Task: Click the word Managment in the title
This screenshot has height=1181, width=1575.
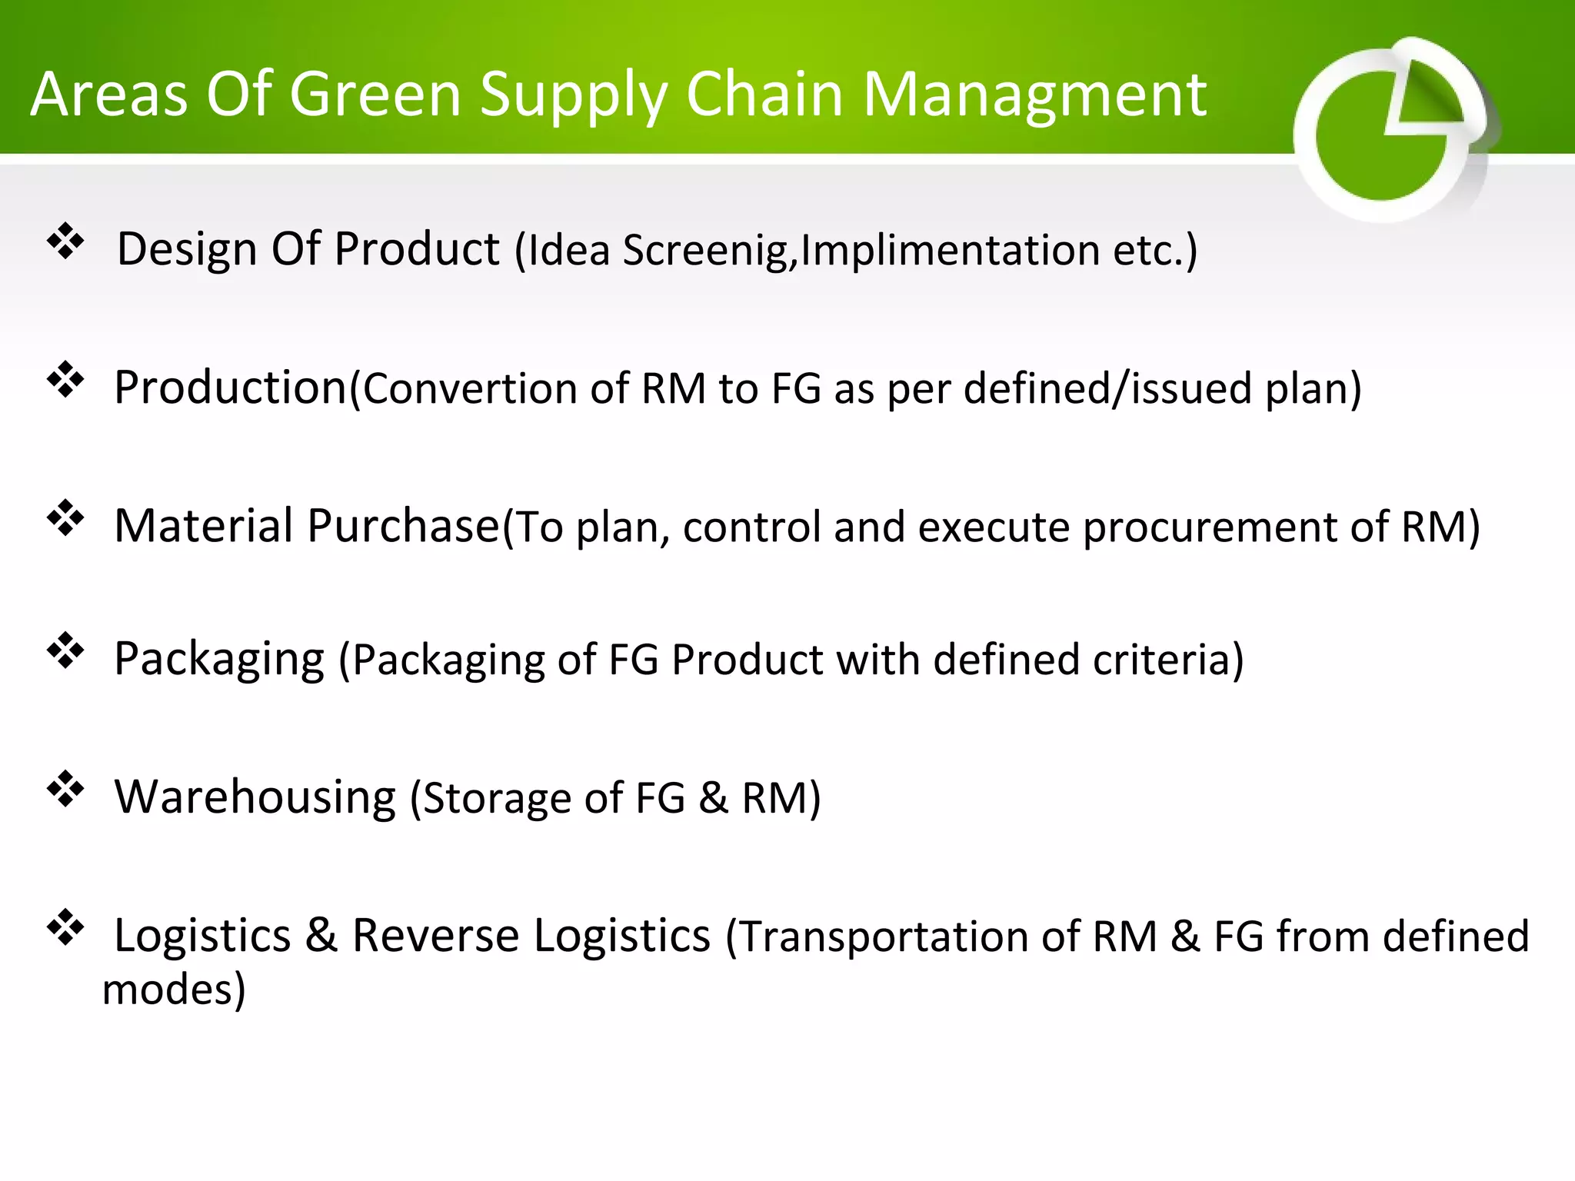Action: pos(1034,95)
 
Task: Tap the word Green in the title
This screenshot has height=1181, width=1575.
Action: pos(375,95)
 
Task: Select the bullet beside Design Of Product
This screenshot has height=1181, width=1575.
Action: pos(65,242)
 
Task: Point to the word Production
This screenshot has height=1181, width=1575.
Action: pos(231,388)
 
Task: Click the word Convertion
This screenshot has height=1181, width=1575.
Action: pos(468,389)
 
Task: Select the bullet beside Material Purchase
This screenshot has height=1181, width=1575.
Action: pos(65,518)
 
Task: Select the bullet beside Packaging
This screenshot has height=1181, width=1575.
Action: pos(65,651)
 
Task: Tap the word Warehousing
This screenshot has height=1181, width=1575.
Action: pos(255,797)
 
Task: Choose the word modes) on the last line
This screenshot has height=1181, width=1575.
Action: pos(174,990)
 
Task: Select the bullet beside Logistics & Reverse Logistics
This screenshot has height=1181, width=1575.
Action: pos(65,928)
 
